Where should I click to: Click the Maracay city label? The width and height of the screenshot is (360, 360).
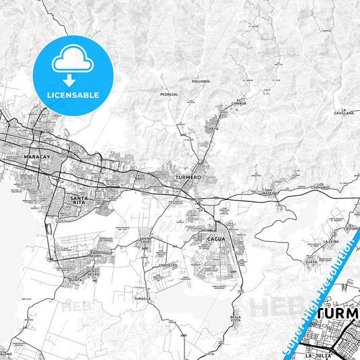click(x=36, y=157)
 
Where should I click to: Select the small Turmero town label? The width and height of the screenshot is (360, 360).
click(x=188, y=176)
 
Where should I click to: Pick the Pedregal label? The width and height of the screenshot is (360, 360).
click(x=169, y=95)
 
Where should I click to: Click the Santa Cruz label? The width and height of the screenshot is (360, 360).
click(x=146, y=240)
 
